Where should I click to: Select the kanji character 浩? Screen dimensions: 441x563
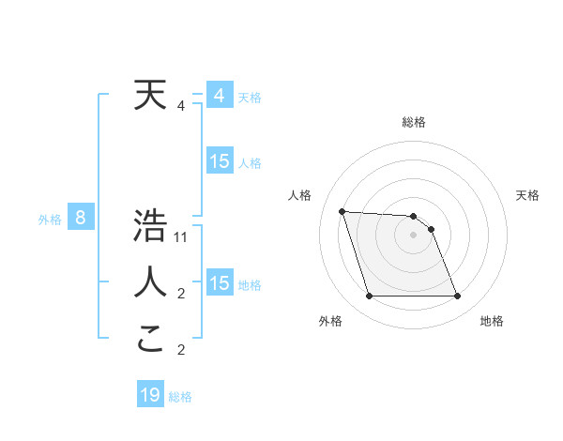(x=150, y=226)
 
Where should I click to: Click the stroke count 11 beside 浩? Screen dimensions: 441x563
(x=182, y=237)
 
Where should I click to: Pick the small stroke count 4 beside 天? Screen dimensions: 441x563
(x=181, y=106)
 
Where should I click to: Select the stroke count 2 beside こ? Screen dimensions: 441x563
(x=181, y=350)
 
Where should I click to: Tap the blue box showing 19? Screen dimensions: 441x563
(x=150, y=395)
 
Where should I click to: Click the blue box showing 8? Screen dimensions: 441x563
(x=81, y=219)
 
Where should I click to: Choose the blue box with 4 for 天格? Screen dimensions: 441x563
(x=219, y=96)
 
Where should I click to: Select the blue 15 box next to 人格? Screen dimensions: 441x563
(x=219, y=161)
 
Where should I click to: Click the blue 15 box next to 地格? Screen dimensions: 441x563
(x=219, y=283)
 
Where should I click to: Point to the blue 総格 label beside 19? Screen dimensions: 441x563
(x=180, y=397)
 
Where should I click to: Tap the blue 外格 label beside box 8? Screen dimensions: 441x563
(x=50, y=220)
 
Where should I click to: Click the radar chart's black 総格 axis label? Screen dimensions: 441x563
(x=414, y=122)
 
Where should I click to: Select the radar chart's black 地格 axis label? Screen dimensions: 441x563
(x=492, y=321)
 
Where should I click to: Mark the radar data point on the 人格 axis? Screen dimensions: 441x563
(x=342, y=211)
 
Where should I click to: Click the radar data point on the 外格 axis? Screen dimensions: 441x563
(x=369, y=297)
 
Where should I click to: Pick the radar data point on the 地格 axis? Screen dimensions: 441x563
(x=458, y=297)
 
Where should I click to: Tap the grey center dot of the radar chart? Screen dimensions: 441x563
(x=414, y=235)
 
